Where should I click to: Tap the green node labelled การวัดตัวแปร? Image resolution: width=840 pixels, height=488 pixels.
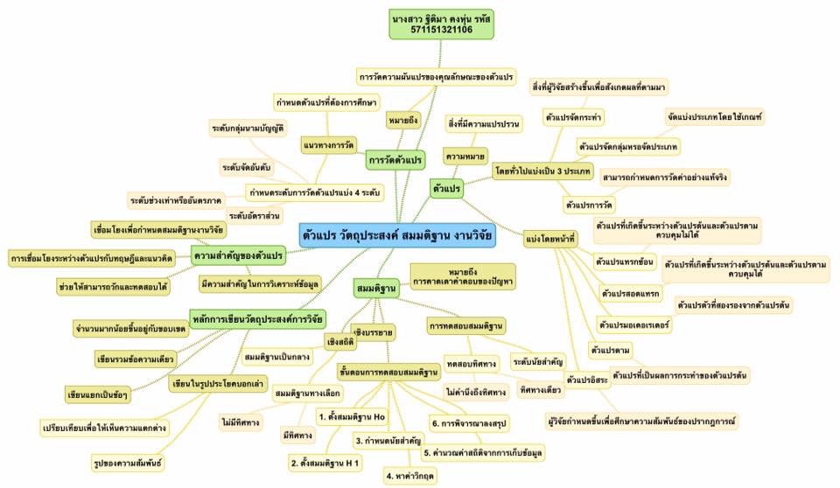click(x=395, y=160)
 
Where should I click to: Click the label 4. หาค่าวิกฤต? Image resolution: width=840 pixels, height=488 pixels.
click(x=411, y=477)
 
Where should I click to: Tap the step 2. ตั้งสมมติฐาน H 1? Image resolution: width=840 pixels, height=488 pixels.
click(x=325, y=461)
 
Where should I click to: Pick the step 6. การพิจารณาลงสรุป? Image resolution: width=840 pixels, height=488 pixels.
click(x=476, y=424)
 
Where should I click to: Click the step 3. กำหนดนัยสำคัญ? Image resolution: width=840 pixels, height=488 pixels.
click(x=386, y=440)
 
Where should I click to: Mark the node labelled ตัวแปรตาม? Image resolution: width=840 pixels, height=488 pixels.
click(x=611, y=351)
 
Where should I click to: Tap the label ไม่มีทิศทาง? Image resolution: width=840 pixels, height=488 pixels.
click(x=240, y=422)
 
